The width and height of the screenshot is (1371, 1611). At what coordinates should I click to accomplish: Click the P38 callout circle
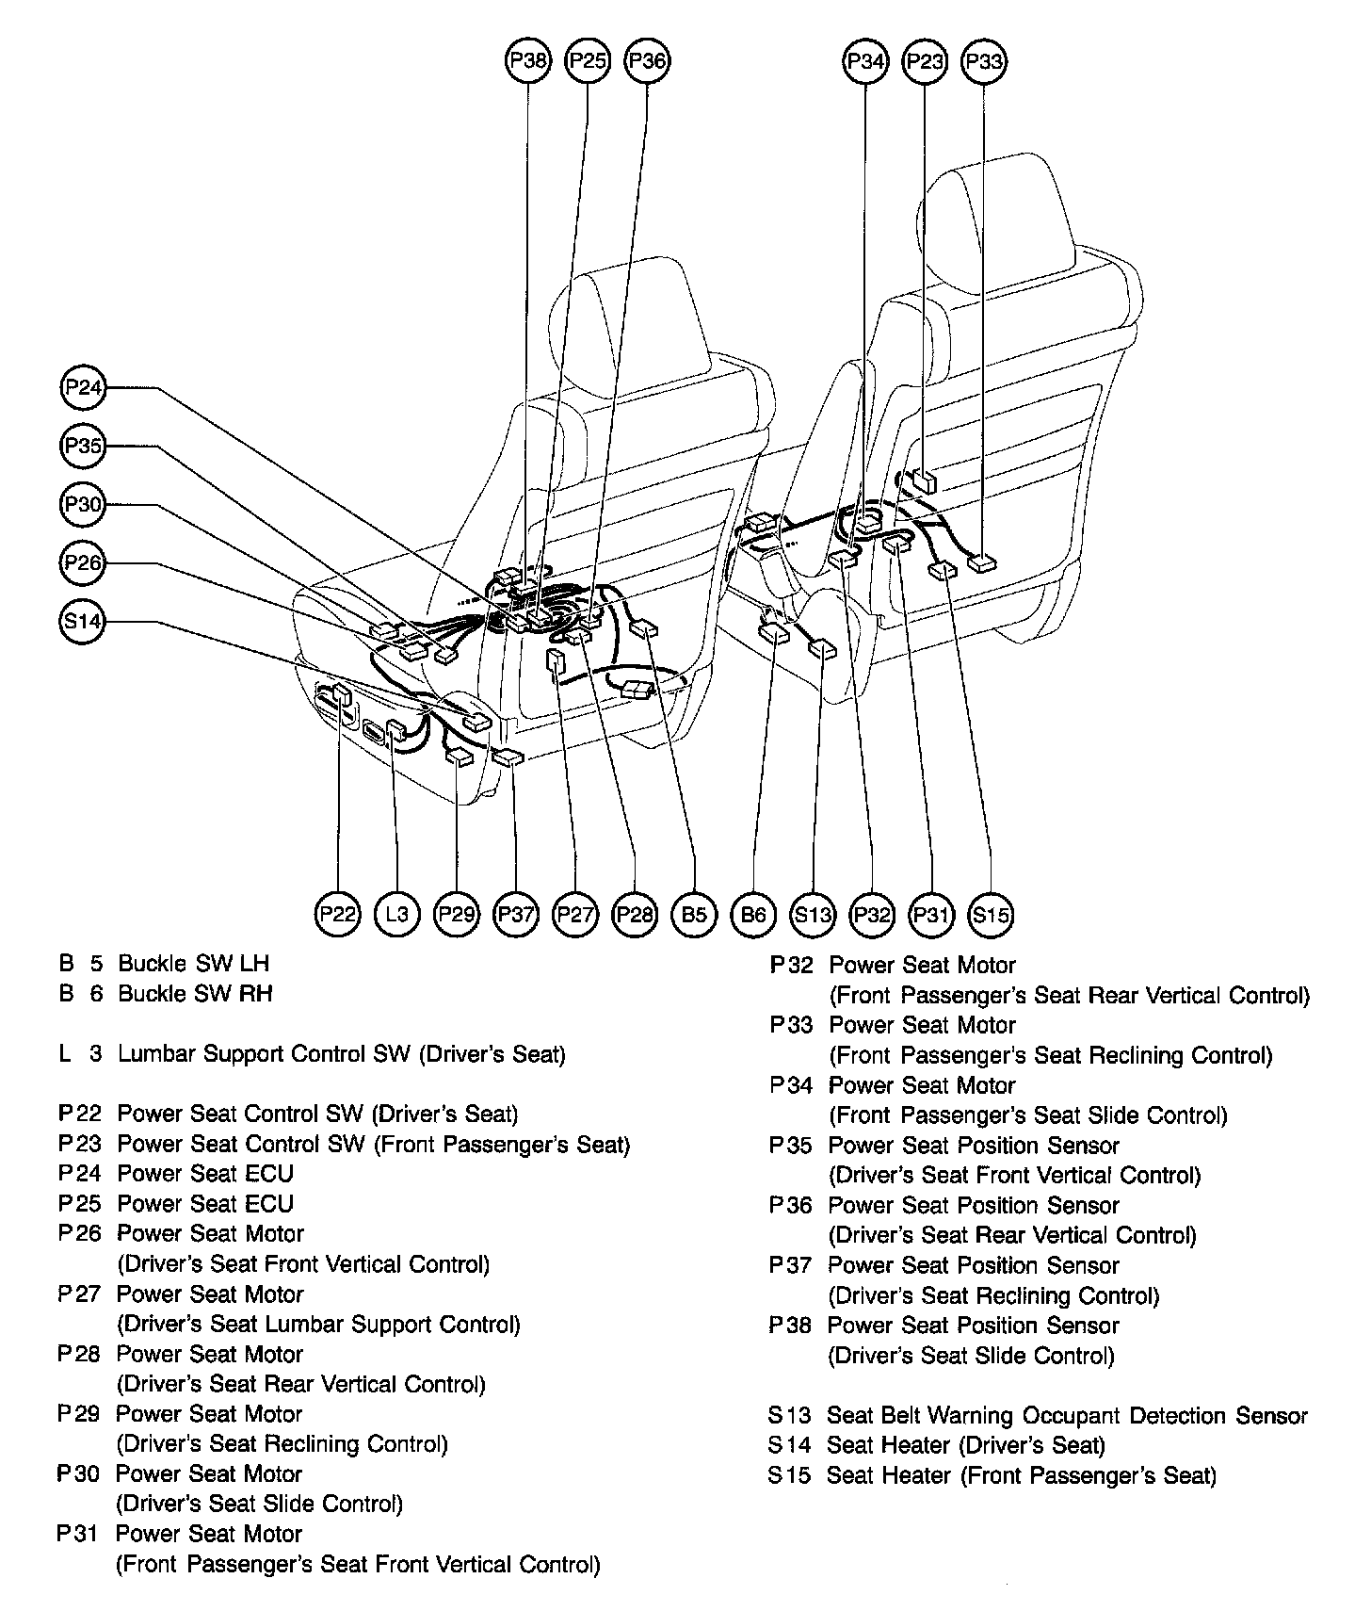(527, 62)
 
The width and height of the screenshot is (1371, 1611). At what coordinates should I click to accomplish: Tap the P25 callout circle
(588, 62)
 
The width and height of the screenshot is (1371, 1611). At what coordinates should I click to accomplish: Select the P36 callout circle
(647, 62)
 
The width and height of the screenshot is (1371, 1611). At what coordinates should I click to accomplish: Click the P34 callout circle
(864, 62)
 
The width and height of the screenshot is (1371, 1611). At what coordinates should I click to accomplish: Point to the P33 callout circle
(983, 62)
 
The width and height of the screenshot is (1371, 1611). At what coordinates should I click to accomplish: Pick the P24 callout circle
(83, 388)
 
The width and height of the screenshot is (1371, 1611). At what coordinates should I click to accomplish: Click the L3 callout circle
(396, 913)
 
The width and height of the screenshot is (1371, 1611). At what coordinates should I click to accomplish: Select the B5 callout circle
(694, 913)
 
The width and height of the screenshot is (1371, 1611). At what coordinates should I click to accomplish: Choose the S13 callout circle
(813, 913)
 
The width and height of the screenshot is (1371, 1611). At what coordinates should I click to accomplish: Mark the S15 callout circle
(991, 913)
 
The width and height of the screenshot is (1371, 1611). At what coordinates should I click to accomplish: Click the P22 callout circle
(337, 913)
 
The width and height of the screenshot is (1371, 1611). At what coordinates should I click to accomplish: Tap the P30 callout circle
(83, 505)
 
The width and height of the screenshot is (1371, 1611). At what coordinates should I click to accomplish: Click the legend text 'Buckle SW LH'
(193, 963)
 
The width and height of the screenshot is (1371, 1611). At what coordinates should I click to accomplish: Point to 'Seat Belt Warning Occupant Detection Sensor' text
(1067, 1415)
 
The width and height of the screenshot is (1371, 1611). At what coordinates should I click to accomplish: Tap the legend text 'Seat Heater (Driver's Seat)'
(965, 1445)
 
